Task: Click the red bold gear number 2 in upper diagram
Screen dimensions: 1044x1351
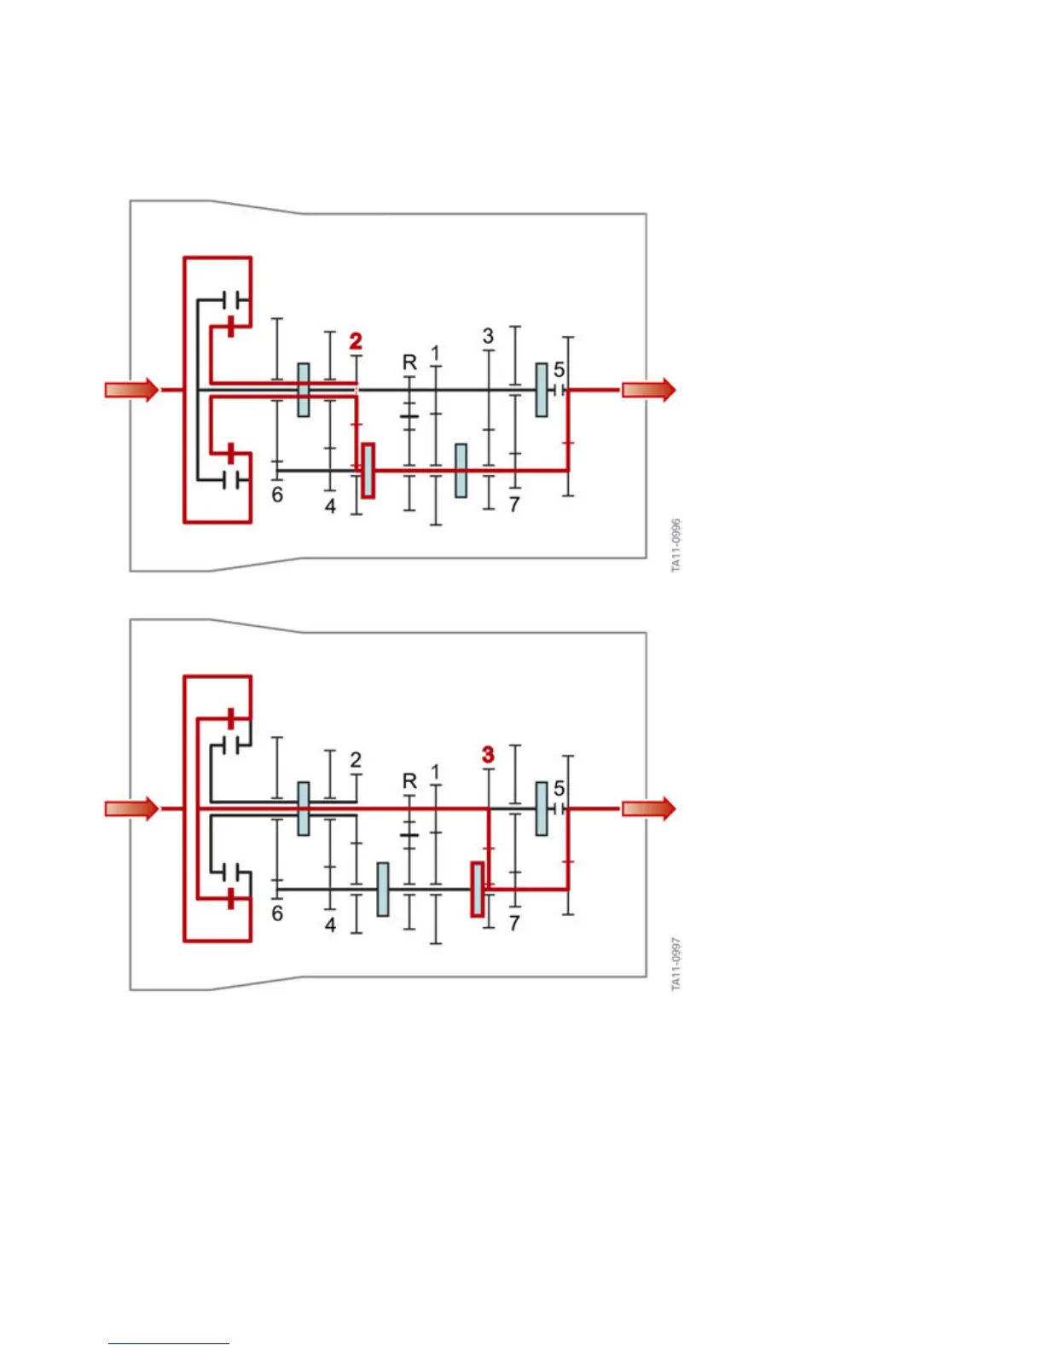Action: coord(356,342)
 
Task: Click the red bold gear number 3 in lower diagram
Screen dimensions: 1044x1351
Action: coord(488,755)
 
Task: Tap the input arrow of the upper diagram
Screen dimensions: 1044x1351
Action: coord(132,390)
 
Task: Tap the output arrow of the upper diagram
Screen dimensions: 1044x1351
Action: coord(648,390)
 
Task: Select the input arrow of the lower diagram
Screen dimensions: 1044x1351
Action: coord(132,809)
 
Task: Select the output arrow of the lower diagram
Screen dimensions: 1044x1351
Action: coord(648,809)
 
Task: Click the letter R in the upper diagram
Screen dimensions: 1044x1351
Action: coord(409,362)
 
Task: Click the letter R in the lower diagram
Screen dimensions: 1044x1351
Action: coord(409,781)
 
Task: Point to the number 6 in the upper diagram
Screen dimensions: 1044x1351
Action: coord(277,495)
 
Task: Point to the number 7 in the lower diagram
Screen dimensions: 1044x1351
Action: coord(514,924)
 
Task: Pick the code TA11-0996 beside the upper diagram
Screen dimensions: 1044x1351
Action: coord(676,545)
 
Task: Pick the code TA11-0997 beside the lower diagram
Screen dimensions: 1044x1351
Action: coord(676,964)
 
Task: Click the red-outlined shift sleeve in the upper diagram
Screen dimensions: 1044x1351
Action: coord(368,471)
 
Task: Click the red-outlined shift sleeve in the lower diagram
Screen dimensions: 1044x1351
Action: coord(478,890)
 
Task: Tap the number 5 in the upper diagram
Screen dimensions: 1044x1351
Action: coord(559,370)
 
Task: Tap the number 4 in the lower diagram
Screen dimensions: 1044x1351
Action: coord(330,925)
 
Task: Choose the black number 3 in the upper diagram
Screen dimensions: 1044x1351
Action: coord(488,336)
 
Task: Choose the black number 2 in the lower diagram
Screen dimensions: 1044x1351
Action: coord(356,760)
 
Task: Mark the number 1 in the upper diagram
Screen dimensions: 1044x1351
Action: coord(436,353)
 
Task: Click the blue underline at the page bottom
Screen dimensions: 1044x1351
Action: coord(169,1343)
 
